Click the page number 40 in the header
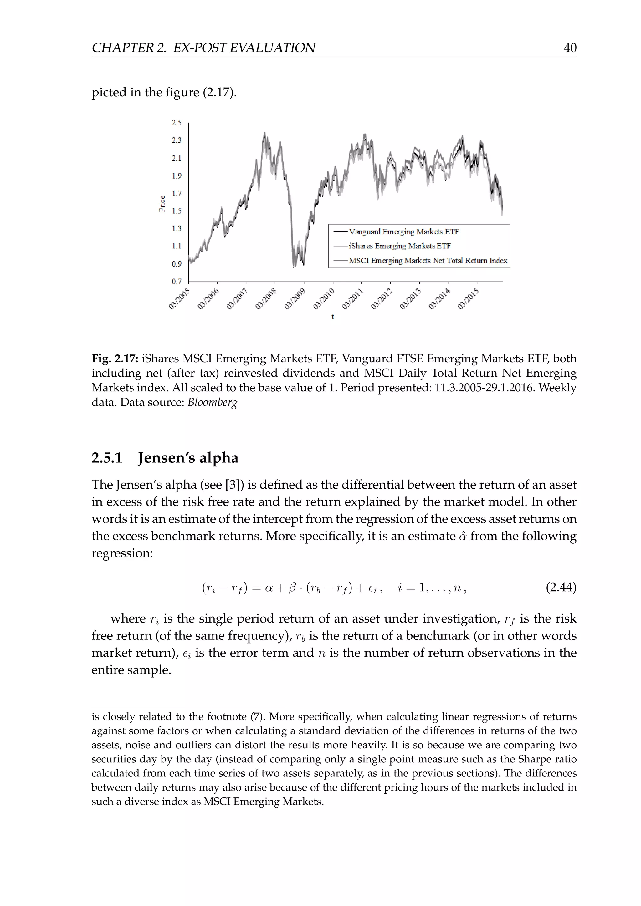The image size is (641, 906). [x=570, y=48]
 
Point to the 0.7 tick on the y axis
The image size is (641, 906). [x=177, y=281]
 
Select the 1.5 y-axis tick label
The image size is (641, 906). [x=177, y=211]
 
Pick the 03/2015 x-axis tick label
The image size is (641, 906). [x=469, y=299]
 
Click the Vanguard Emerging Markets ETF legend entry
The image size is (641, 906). [x=403, y=232]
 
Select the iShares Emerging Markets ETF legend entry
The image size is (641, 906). [x=399, y=246]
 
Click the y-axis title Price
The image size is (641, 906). [x=162, y=204]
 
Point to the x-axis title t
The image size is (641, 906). [x=333, y=317]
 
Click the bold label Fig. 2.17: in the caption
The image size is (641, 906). [x=115, y=359]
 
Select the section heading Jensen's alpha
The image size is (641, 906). [x=188, y=458]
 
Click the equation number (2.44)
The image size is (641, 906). [x=561, y=588]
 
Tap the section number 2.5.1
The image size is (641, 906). [x=107, y=458]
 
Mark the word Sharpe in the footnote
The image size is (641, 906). [x=532, y=759]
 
